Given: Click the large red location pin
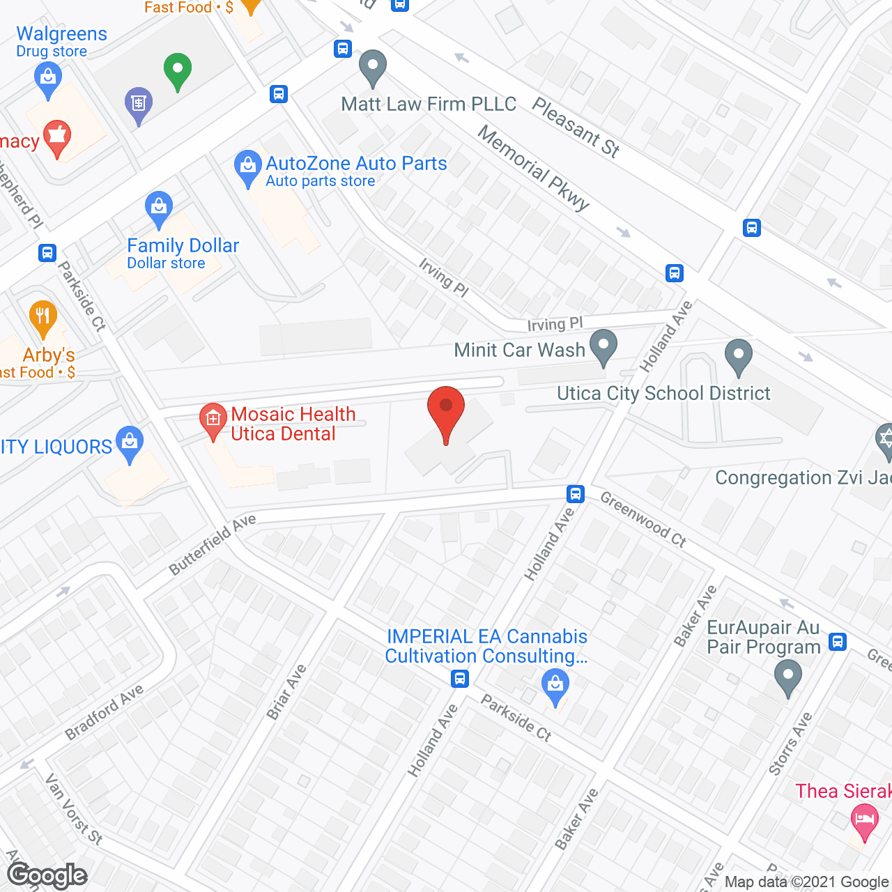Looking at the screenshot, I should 445,411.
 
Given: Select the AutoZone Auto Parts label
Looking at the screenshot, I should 356,164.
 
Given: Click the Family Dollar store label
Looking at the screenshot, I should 183,246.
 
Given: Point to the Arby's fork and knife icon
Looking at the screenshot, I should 43,317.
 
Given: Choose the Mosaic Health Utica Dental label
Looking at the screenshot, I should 293,424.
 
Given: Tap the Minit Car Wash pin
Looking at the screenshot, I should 603,346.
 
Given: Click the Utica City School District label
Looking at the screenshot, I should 663,394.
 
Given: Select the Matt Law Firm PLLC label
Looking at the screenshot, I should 429,105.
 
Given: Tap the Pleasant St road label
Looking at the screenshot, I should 576,127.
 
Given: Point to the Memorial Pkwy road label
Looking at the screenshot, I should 534,167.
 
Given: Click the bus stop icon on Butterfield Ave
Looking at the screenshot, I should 575,494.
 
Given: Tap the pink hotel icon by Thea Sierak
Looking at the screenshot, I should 864,820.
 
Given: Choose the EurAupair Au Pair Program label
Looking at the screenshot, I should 764,637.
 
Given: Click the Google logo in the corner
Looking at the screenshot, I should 47,875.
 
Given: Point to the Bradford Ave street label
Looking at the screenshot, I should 105,712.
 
